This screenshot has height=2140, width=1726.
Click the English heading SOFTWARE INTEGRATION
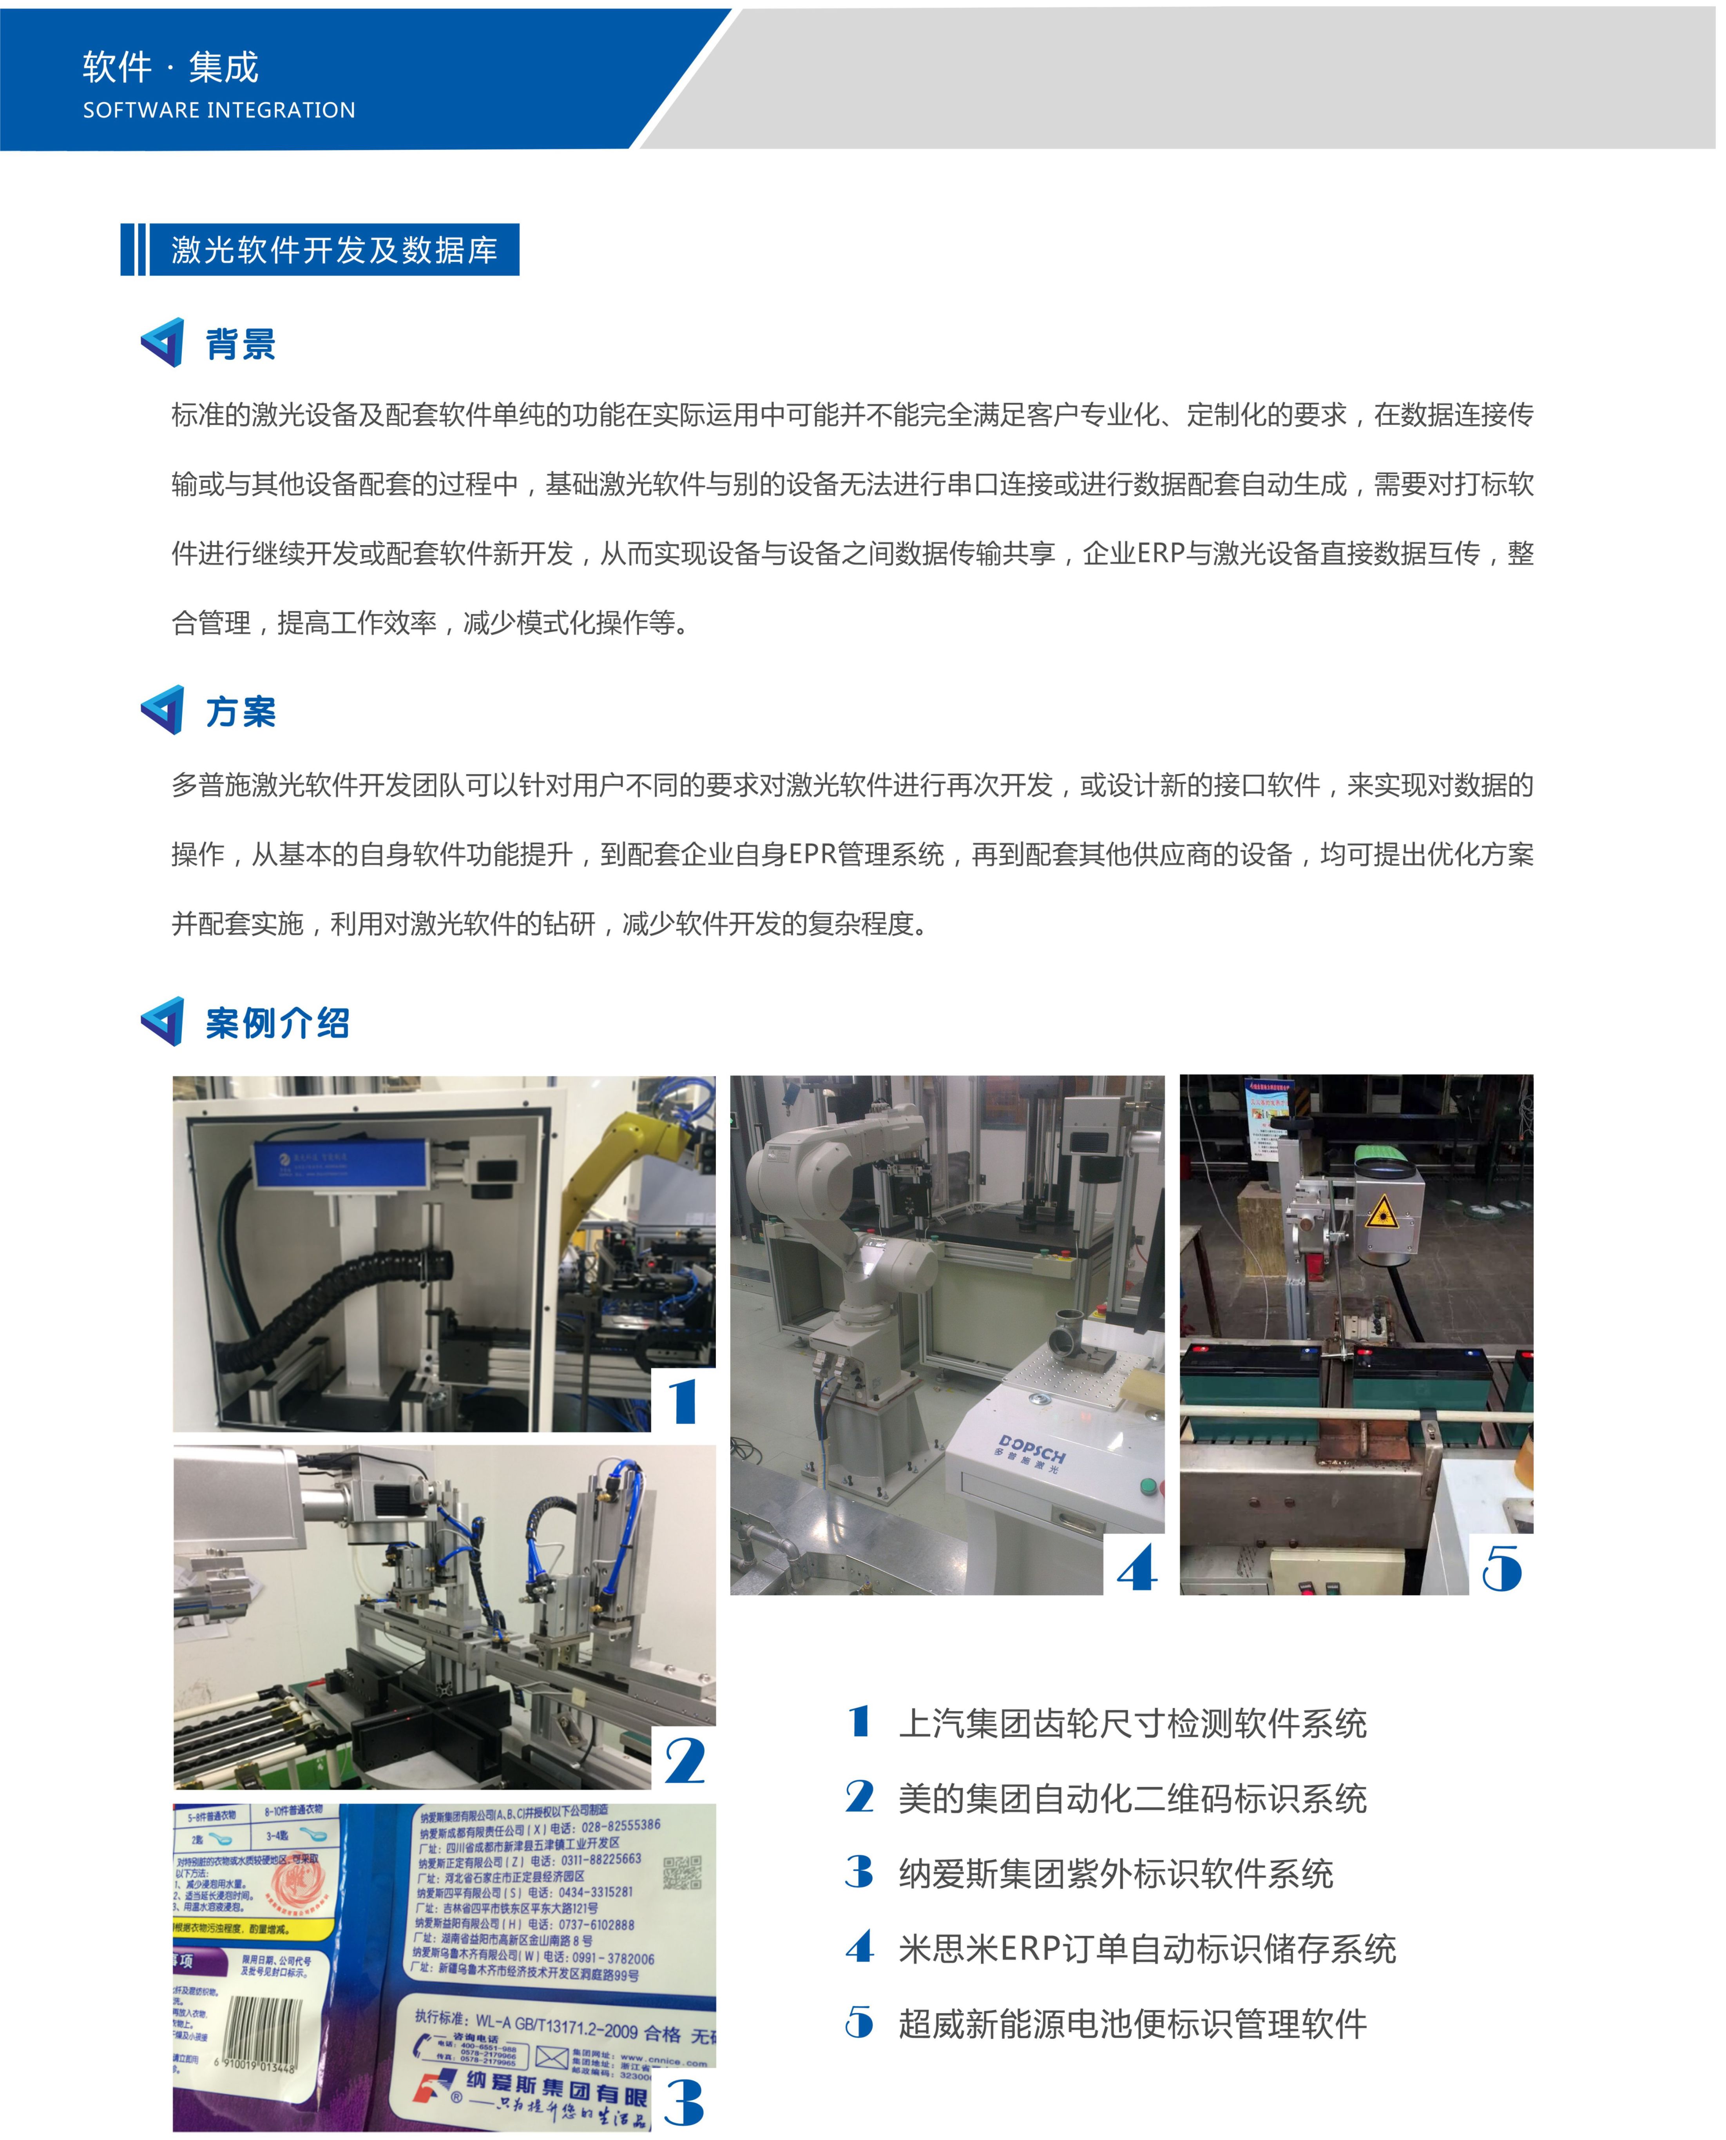coord(219,111)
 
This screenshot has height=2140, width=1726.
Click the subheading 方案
coord(241,712)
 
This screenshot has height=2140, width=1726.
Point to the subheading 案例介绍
coord(277,1023)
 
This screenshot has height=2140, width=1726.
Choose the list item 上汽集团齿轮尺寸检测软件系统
coord(1132,1723)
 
